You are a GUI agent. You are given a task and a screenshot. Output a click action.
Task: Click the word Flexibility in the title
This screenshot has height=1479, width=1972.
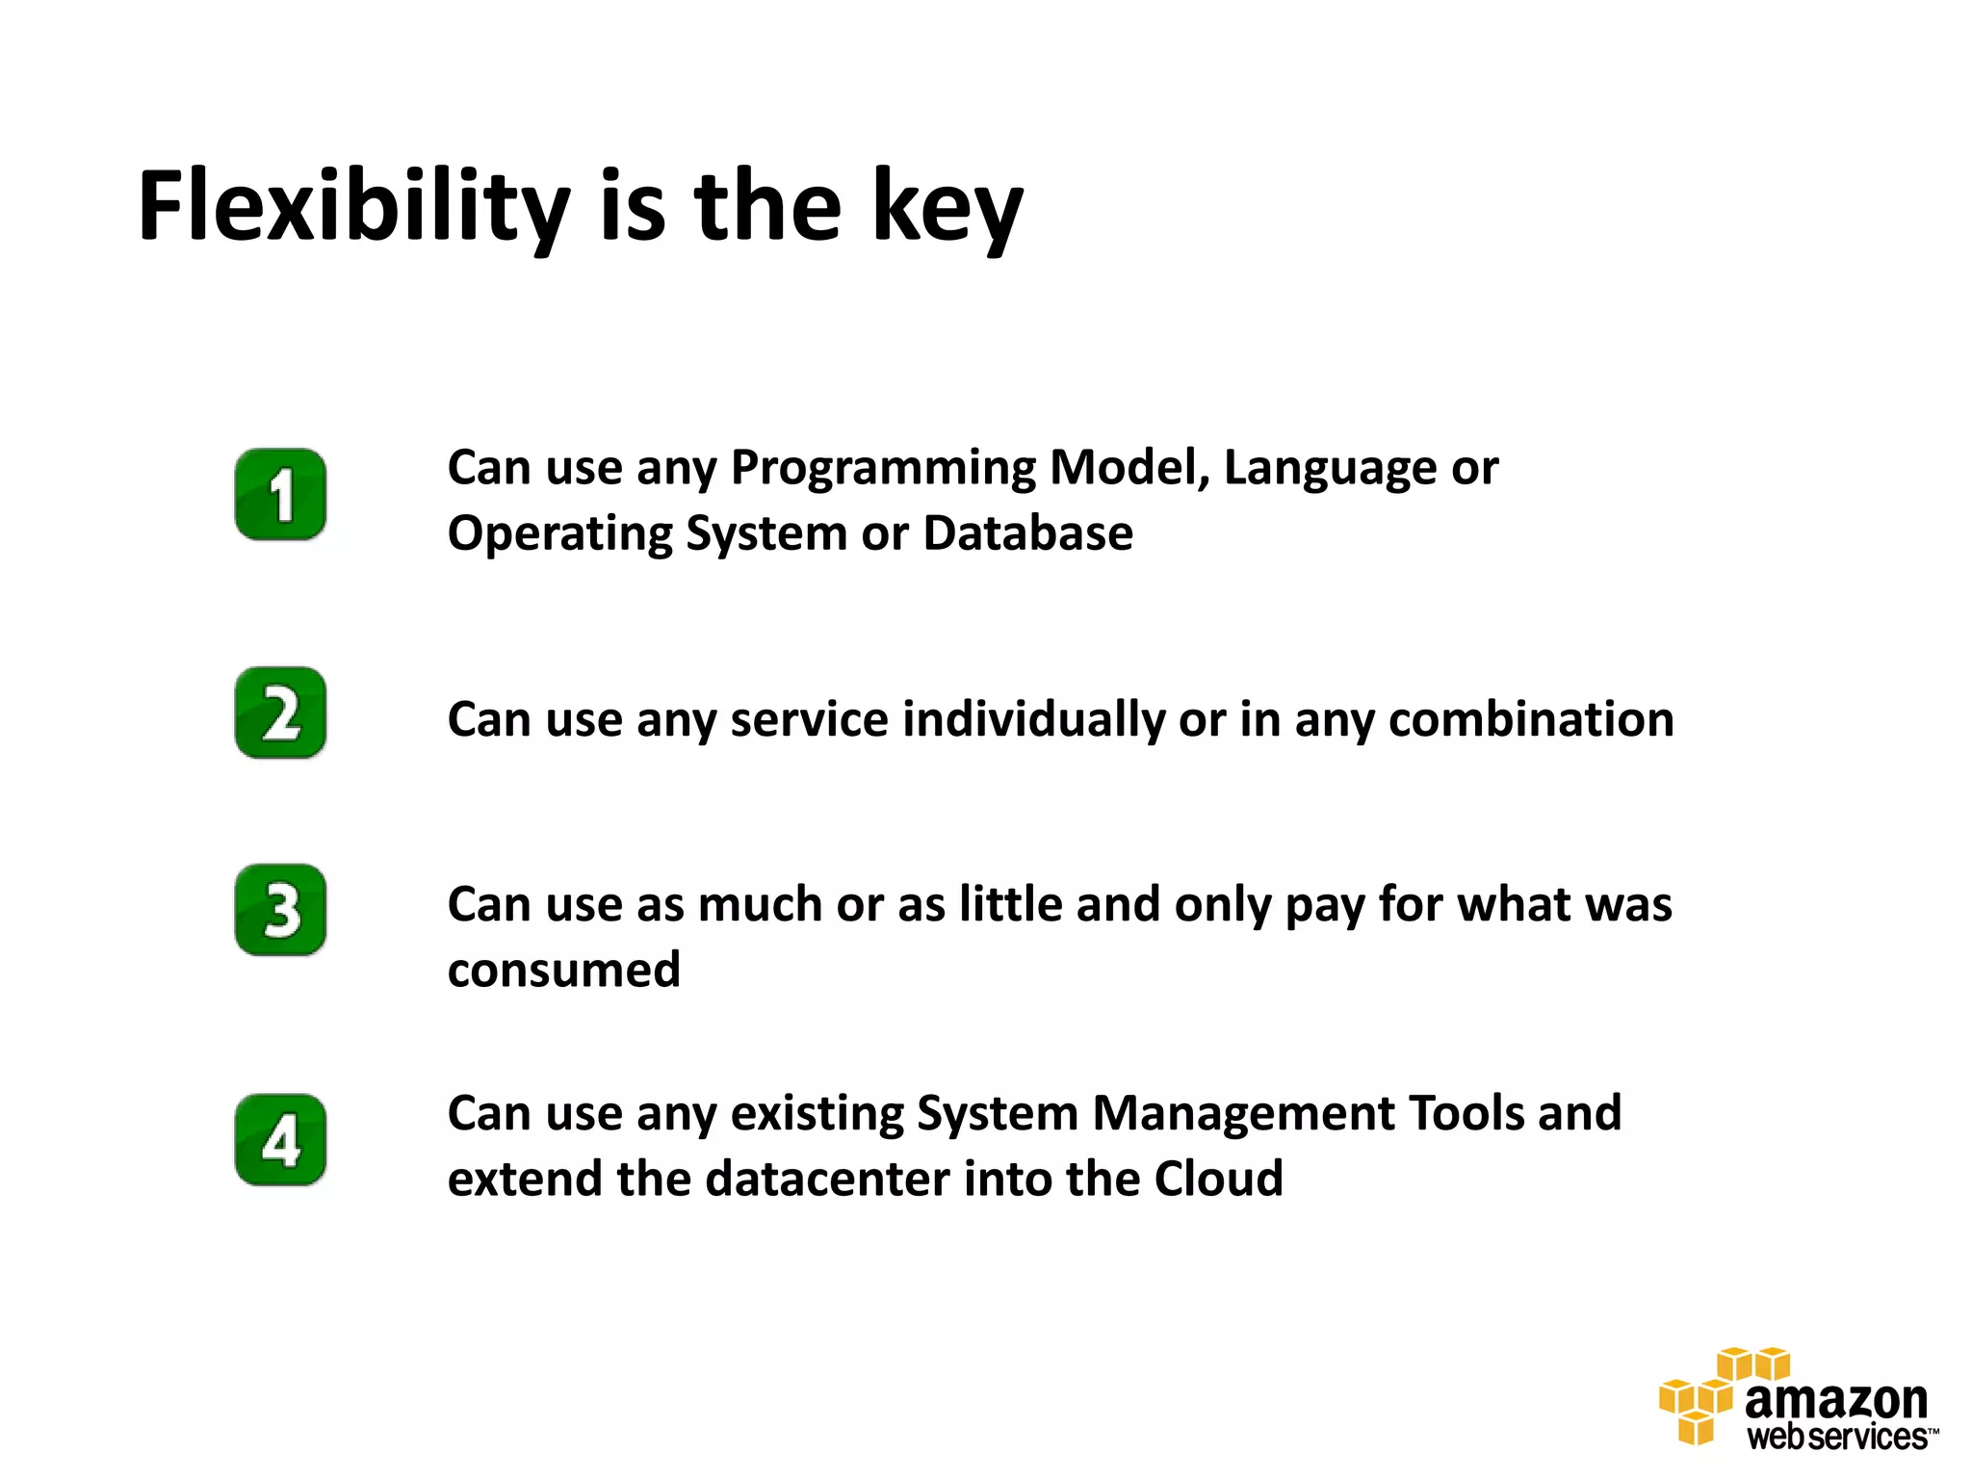click(x=354, y=207)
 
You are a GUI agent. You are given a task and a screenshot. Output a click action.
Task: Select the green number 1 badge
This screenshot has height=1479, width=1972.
click(x=280, y=494)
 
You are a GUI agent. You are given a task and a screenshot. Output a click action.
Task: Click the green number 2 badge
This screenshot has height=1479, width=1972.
click(x=280, y=713)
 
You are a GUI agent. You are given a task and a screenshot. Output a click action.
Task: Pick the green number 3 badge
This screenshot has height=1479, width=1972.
click(x=280, y=910)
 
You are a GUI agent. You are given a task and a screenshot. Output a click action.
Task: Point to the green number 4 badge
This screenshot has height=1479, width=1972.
click(x=280, y=1140)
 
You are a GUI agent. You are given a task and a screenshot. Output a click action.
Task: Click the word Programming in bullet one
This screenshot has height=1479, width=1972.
click(x=883, y=470)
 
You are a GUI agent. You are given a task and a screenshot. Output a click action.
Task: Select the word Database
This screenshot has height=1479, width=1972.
click(x=1027, y=533)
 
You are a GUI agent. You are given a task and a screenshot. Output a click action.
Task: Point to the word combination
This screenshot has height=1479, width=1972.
click(x=1530, y=720)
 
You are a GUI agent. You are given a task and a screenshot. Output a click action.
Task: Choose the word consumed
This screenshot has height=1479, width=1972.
click(x=563, y=970)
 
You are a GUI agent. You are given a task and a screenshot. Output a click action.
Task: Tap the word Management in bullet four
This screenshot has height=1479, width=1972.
click(x=1243, y=1114)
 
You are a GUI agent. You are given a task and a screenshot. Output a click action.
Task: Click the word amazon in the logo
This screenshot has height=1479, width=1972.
click(x=1835, y=1401)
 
